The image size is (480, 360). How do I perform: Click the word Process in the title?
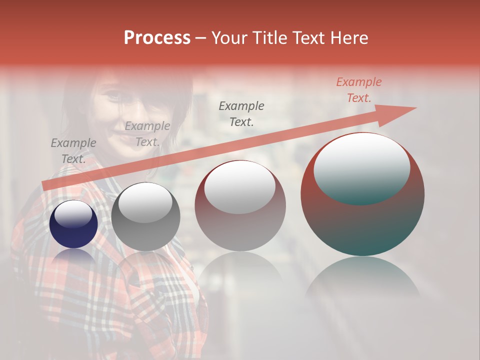coord(157,38)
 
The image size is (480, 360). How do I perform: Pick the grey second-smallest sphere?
coord(145,216)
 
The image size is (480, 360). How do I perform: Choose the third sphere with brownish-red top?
coord(240,205)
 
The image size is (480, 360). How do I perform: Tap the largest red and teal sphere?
coord(362,194)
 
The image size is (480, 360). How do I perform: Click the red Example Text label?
coord(359,90)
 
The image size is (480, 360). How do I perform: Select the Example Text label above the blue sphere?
coord(73,151)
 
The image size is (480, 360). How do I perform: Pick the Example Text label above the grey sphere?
coord(147,134)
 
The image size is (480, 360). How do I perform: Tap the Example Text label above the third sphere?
coord(241,113)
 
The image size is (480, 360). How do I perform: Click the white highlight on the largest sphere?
coord(361,168)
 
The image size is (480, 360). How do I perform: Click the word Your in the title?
coord(228,38)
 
